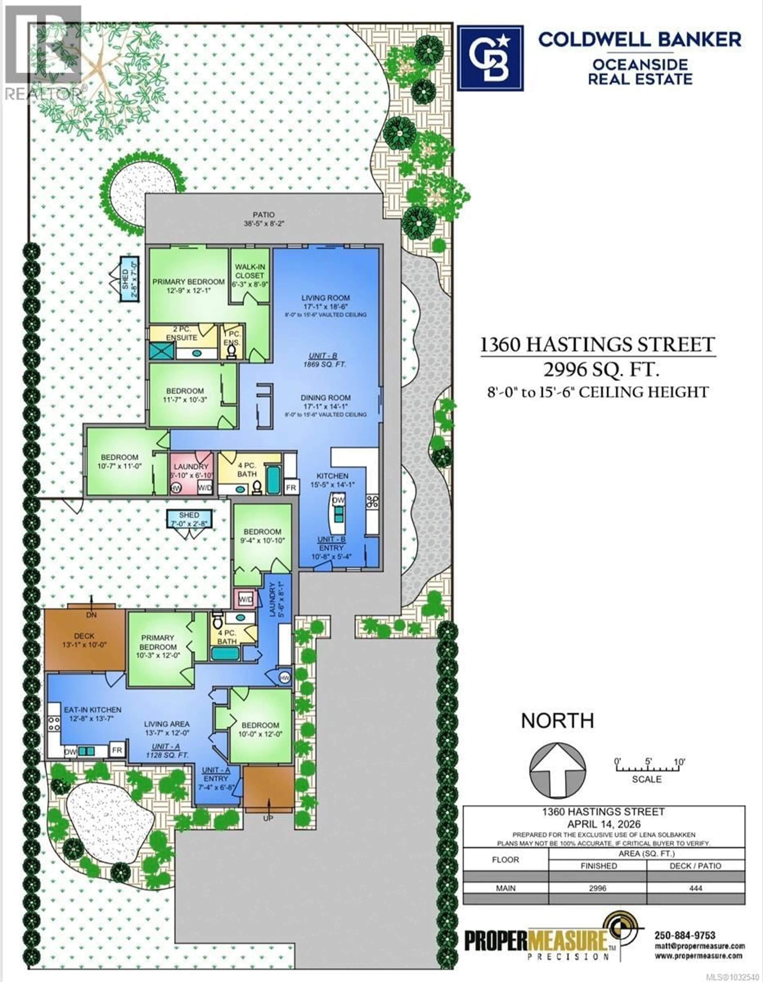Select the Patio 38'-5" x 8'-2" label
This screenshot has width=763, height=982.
click(x=263, y=219)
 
